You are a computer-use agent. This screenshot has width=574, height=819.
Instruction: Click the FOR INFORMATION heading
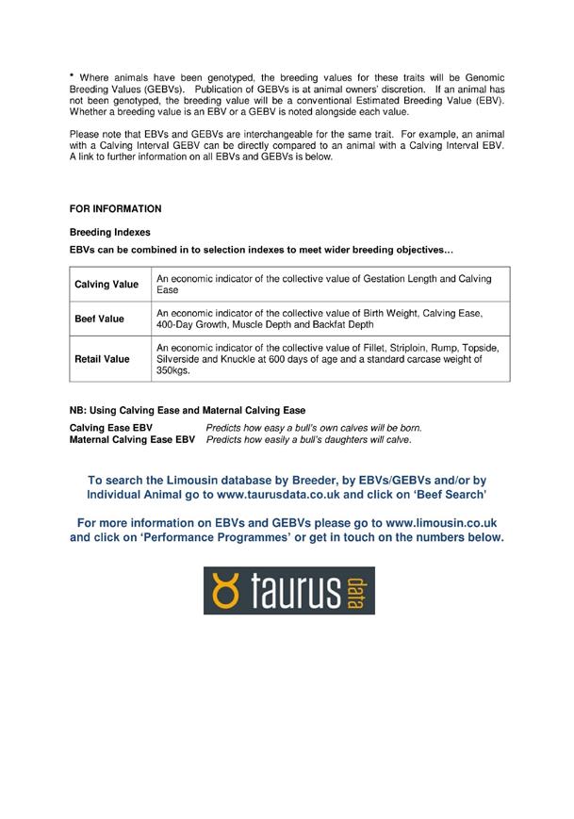pyautogui.click(x=115, y=209)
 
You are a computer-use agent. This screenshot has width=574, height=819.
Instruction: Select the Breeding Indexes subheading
pyautogui.click(x=109, y=232)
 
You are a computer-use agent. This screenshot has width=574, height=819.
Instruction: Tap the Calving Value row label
pyautogui.click(x=107, y=285)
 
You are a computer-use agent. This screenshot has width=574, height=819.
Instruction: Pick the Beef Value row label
pyautogui.click(x=99, y=319)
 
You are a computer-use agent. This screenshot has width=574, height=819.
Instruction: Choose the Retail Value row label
pyautogui.click(x=102, y=359)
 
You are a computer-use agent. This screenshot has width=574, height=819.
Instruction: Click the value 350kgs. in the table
pyautogui.click(x=172, y=371)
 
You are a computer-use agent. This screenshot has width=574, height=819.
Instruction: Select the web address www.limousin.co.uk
pyautogui.click(x=441, y=522)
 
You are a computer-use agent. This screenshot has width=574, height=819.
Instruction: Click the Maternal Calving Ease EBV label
pyautogui.click(x=132, y=440)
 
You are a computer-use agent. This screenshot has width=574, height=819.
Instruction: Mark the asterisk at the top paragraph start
pyautogui.click(x=72, y=74)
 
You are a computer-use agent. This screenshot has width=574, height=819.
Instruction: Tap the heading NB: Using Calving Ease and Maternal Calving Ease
pyautogui.click(x=188, y=411)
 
